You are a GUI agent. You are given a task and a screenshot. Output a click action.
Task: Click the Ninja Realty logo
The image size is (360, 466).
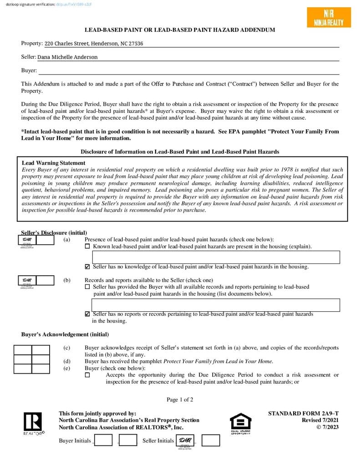(x=329, y=18)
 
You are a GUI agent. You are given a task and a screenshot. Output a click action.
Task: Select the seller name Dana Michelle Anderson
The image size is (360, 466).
(x=67, y=57)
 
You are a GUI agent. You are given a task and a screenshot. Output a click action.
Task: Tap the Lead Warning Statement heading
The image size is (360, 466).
(x=54, y=163)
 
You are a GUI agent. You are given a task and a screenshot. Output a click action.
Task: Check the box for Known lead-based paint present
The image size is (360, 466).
(x=87, y=247)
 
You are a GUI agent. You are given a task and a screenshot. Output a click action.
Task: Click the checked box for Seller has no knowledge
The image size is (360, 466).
(x=87, y=267)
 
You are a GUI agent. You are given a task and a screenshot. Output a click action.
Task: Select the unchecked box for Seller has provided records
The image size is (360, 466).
(x=87, y=287)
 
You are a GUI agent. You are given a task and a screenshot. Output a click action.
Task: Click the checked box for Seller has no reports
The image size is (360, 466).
(x=87, y=314)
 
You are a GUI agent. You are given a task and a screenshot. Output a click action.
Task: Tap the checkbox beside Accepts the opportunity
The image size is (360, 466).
(x=87, y=375)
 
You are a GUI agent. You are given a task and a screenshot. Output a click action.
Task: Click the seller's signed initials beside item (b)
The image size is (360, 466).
(x=27, y=281)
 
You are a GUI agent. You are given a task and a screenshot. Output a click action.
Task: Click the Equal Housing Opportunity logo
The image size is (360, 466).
(x=240, y=423)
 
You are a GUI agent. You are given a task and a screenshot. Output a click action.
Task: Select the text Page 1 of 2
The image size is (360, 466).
(x=180, y=400)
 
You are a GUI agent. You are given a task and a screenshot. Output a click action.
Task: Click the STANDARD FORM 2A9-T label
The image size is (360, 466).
(x=303, y=414)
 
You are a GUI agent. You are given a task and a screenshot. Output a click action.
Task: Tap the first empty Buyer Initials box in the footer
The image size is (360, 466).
(x=103, y=440)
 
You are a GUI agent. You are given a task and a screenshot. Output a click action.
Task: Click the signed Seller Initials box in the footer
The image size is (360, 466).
(x=184, y=441)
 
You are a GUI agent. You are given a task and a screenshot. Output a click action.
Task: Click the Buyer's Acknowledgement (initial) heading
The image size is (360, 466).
(x=65, y=334)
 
